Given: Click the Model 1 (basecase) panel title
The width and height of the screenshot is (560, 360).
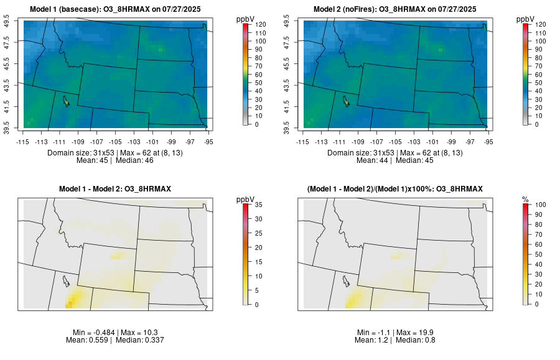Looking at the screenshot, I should pyautogui.click(x=119, y=9).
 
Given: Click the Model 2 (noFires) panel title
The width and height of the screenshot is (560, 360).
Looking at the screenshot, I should pyautogui.click(x=396, y=9).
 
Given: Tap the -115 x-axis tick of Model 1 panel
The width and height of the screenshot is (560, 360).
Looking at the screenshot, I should pyautogui.click(x=24, y=142).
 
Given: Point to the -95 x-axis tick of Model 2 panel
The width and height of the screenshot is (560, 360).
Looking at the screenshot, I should pyautogui.click(x=488, y=142).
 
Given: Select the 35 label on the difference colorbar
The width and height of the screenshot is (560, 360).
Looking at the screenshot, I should pyautogui.click(x=258, y=205).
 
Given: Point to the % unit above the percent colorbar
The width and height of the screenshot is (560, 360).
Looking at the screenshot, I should pyautogui.click(x=525, y=199).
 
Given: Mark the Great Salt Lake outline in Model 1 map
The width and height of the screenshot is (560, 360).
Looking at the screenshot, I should pyautogui.click(x=65, y=100).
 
